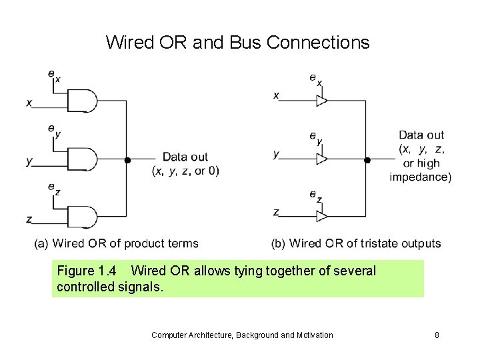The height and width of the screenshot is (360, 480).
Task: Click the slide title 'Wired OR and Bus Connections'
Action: [237, 43]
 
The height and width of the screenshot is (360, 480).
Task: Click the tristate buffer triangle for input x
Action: [321, 101]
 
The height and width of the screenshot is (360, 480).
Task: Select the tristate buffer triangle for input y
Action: [321, 159]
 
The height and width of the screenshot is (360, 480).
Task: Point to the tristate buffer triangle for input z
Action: [321, 217]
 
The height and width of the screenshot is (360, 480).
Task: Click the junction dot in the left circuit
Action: [127, 161]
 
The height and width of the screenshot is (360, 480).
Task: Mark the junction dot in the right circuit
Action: [367, 160]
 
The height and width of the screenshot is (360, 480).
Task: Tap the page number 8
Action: [437, 335]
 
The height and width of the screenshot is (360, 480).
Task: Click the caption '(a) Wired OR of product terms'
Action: [116, 244]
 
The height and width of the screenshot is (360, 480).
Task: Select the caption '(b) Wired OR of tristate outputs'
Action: [356, 244]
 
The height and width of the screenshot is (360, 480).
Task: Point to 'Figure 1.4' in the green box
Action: [87, 271]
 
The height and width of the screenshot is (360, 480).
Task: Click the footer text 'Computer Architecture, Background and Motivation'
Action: [242, 335]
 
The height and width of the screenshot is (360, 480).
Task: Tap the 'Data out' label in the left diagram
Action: [185, 157]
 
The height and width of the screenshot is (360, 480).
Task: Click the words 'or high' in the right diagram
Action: [421, 163]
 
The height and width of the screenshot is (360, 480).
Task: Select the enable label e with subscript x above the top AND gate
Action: [53, 76]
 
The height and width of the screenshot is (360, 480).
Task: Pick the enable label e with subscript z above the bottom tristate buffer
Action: [315, 195]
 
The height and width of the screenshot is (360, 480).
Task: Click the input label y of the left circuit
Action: [29, 161]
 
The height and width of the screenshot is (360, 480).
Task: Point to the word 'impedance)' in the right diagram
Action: [421, 177]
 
